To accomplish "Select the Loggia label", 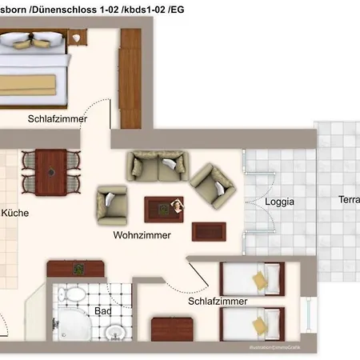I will (279, 202).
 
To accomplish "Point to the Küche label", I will (15, 214).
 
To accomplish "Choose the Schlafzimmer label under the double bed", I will (57, 118).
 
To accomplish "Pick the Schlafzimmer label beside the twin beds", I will (218, 302).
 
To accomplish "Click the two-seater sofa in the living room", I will (156, 166).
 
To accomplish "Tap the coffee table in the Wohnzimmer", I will (163, 209).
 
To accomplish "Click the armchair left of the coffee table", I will (111, 205).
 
